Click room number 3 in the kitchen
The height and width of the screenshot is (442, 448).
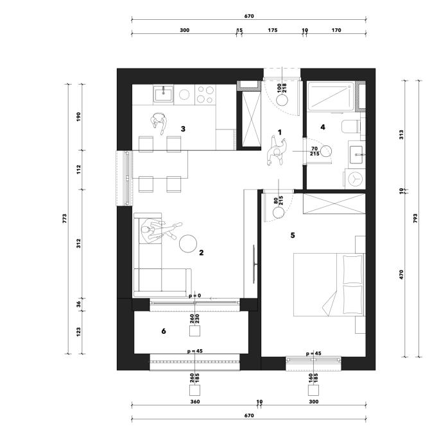(x=183, y=129)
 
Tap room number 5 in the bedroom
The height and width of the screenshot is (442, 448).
(x=292, y=235)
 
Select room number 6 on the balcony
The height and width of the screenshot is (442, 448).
(x=164, y=331)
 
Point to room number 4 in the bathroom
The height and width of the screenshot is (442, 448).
(x=323, y=127)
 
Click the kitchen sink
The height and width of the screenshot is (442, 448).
(x=164, y=94)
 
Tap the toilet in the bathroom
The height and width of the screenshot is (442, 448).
(x=350, y=127)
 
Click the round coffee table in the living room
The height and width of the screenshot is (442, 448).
(x=187, y=243)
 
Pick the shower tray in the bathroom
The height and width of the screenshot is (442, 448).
(x=331, y=96)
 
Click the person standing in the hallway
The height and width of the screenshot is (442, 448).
(x=276, y=151)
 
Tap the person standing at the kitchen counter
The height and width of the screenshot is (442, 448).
(x=159, y=123)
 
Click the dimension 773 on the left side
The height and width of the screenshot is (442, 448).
(x=65, y=218)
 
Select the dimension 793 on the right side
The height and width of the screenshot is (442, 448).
(x=415, y=218)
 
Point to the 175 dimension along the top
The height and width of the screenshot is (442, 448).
(x=273, y=30)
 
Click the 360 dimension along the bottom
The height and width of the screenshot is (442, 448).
(x=195, y=402)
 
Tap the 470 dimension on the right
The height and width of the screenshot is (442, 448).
(x=401, y=274)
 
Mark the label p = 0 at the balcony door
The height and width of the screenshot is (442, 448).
(x=195, y=296)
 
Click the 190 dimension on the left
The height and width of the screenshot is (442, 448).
(x=78, y=117)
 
